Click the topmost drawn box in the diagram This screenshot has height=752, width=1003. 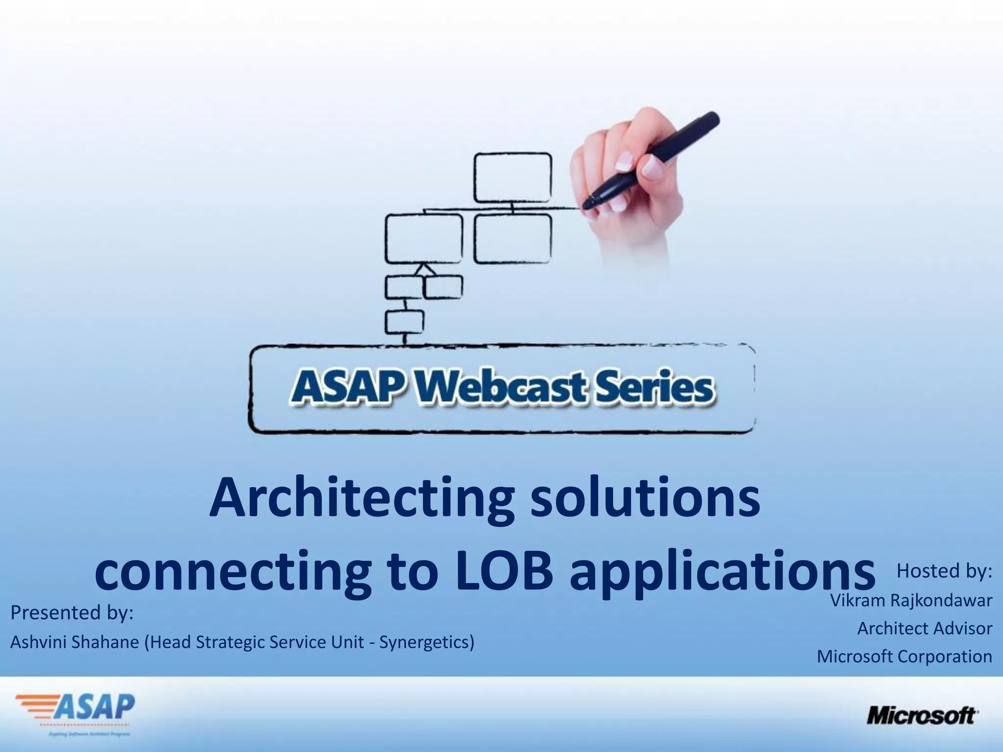(x=513, y=178)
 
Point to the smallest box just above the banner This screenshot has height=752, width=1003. (x=405, y=321)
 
